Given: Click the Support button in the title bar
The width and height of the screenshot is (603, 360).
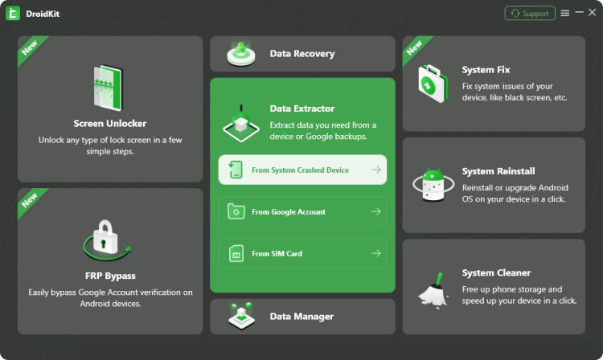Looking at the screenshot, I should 529,13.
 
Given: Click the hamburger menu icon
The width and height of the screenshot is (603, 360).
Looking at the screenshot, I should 565,13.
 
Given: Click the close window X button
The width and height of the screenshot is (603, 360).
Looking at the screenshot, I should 593,13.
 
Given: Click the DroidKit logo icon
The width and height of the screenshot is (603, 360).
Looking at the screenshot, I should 13,13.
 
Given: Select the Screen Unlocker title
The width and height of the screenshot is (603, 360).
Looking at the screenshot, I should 110,124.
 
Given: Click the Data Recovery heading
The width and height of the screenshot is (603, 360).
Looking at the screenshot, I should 301,54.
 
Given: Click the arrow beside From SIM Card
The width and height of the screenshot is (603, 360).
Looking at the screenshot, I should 375,254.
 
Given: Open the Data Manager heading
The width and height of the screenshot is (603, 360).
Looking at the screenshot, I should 301,317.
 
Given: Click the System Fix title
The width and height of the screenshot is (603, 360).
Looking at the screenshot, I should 486,70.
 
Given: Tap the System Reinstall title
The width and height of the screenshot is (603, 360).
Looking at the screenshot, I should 498,171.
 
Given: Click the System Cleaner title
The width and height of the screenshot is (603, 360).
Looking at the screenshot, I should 496,273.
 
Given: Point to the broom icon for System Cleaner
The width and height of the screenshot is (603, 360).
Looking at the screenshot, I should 433,287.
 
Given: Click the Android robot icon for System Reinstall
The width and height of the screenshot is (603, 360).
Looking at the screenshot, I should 433,184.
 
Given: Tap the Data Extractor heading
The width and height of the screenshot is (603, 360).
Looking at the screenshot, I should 301,108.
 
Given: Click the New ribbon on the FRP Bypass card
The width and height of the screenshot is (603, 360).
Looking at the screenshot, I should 31,200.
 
